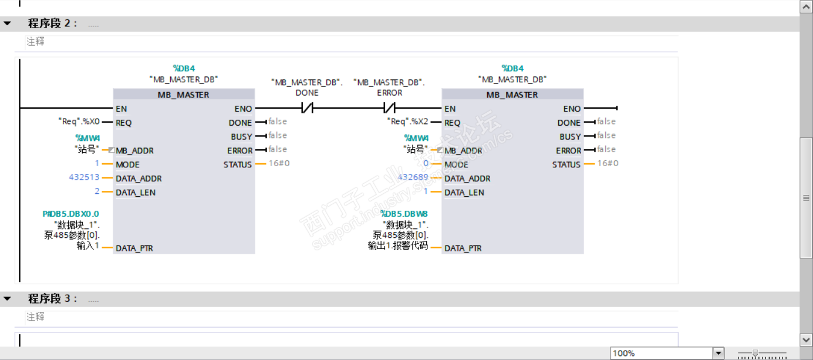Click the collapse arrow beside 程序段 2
[7, 23]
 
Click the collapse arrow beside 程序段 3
[7, 299]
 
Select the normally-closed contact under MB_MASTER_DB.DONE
[307, 108]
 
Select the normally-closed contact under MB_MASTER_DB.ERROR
[389, 108]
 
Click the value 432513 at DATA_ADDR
[84, 177]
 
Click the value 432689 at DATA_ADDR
[413, 177]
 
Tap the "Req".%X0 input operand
[79, 122]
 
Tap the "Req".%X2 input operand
[408, 122]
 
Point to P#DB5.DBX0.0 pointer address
[71, 214]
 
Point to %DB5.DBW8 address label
[404, 214]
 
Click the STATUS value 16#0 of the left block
[279, 163]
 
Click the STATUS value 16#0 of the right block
[608, 163]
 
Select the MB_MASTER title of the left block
[183, 95]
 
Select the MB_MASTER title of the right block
[512, 95]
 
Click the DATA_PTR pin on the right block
[463, 248]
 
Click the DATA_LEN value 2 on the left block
[97, 191]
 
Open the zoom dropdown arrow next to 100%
[718, 353]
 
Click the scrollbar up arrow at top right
[806, 7]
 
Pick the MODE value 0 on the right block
[426, 163]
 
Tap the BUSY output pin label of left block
[241, 137]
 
